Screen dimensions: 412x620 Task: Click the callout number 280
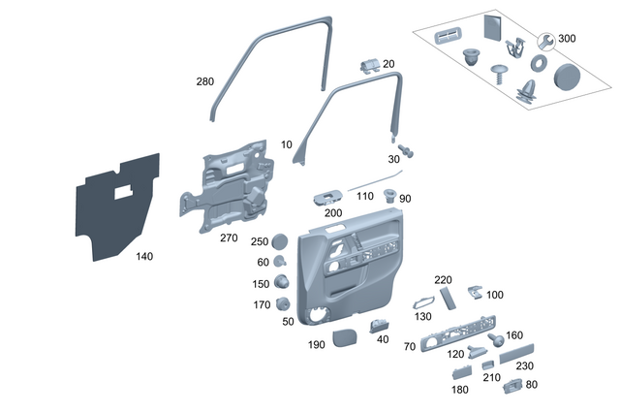tap(204, 82)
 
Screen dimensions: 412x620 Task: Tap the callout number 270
tap(229, 238)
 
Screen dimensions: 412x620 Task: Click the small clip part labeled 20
tap(367, 64)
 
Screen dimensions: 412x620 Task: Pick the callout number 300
tap(567, 38)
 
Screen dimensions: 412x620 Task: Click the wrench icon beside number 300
tap(545, 40)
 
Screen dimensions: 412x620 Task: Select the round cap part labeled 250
tap(281, 240)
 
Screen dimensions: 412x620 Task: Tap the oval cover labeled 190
tap(345, 337)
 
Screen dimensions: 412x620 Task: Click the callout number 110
tap(365, 196)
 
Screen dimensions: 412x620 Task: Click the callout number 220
tap(443, 280)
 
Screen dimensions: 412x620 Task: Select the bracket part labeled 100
tap(473, 291)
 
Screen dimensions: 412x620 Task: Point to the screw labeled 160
tap(495, 340)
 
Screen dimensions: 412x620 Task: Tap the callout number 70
tap(409, 346)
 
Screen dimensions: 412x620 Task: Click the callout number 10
tap(286, 144)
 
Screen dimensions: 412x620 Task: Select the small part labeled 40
tap(381, 328)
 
